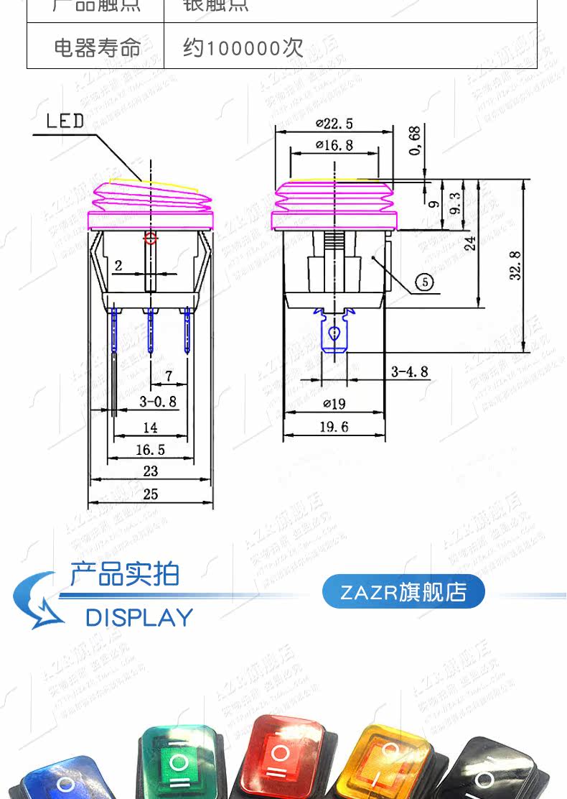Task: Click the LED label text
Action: pyautogui.click(x=65, y=120)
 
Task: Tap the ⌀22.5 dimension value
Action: pyautogui.click(x=334, y=123)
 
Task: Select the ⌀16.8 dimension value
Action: pyautogui.click(x=334, y=145)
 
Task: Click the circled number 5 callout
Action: pyautogui.click(x=425, y=282)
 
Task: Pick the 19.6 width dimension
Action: pyautogui.click(x=334, y=427)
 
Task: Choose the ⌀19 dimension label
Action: pyautogui.click(x=334, y=405)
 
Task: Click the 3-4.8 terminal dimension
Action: pyautogui.click(x=409, y=371)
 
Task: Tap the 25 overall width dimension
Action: pyautogui.click(x=150, y=494)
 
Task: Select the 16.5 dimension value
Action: pyautogui.click(x=150, y=450)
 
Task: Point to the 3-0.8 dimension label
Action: pyautogui.click(x=157, y=401)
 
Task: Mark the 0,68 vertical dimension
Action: pyautogui.click(x=414, y=141)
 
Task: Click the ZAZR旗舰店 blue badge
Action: pyautogui.click(x=403, y=592)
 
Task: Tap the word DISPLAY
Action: pyautogui.click(x=139, y=617)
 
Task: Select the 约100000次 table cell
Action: pyautogui.click(x=243, y=47)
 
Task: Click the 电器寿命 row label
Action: pyautogui.click(x=97, y=47)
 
